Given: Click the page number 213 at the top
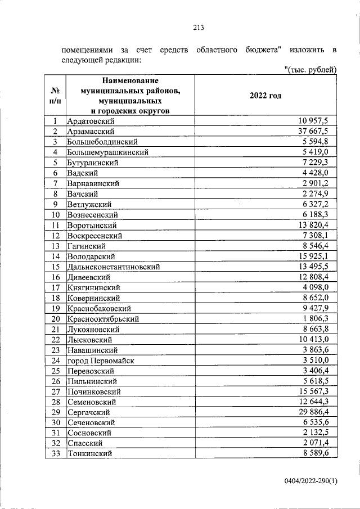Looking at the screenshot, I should (x=197, y=28).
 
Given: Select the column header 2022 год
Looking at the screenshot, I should (x=265, y=96).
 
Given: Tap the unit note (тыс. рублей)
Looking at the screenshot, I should (x=310, y=69).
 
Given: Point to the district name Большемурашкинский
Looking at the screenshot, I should (x=107, y=152).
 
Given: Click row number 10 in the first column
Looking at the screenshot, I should (x=55, y=215).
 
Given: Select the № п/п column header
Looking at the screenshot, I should (x=55, y=96).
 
